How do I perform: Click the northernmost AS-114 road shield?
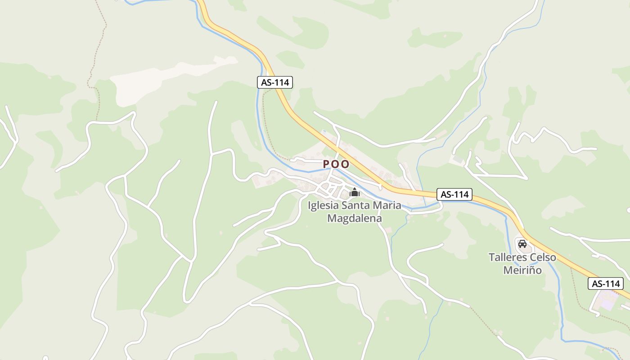coord(275,82)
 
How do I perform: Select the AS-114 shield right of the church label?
coord(454,194)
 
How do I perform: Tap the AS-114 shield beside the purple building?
coord(606,283)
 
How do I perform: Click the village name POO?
coord(336,164)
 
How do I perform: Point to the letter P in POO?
coord(327,164)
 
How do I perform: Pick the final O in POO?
coord(345,164)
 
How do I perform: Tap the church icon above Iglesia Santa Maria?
coord(355,193)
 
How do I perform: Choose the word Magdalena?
coord(355,218)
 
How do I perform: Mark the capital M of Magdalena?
coord(332,218)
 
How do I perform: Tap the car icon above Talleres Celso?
coord(522,244)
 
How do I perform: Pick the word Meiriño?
coord(522,270)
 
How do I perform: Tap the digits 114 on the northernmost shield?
coord(281,82)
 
